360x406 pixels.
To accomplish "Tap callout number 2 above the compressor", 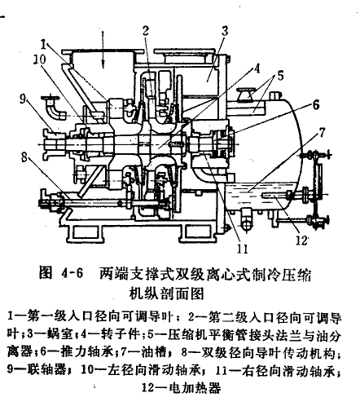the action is tap(146, 31).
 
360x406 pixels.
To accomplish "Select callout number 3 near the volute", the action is tap(225, 31).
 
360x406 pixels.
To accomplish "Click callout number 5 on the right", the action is tap(280, 76).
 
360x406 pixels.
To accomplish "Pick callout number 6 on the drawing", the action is tap(316, 105).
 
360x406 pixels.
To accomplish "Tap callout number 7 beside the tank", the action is tap(322, 133).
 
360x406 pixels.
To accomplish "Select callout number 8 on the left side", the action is tap(24, 157).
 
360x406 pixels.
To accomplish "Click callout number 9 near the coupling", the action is tap(23, 99).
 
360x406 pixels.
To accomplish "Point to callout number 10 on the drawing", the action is tap(40, 60).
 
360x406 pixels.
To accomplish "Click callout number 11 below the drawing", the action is tap(242, 249).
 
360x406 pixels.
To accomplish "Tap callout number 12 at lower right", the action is tap(301, 240).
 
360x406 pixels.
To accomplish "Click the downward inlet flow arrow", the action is tap(103, 49).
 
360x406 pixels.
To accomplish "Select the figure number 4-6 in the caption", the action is tap(72, 273).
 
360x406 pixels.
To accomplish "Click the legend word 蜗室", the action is tap(59, 335).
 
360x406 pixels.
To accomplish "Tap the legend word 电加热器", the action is tap(195, 387).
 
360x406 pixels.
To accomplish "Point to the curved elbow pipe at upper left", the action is tap(55, 108).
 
